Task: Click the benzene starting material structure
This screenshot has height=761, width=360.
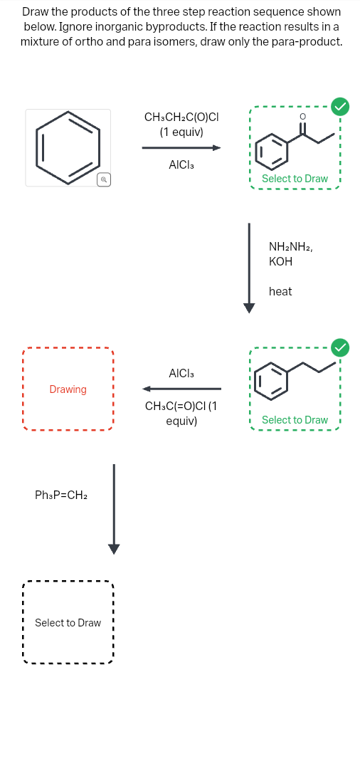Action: coord(68,147)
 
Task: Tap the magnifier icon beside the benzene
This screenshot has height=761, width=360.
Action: coord(104,179)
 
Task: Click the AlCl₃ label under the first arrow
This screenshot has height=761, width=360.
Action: coord(181,165)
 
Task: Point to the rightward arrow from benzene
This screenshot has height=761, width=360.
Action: coord(181,148)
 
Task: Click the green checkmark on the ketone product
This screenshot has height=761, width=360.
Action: coord(342,107)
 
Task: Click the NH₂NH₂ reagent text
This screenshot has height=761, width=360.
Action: coord(290,246)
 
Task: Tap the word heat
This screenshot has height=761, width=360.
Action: coord(280,291)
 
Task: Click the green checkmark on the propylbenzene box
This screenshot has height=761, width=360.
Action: coord(342,347)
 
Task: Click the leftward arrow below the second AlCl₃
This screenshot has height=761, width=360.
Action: coord(181,389)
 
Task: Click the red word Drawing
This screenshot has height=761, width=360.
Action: coord(68,389)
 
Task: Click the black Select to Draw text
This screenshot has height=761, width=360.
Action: coord(68,623)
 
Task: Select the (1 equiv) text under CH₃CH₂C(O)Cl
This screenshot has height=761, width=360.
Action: coord(181,132)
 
